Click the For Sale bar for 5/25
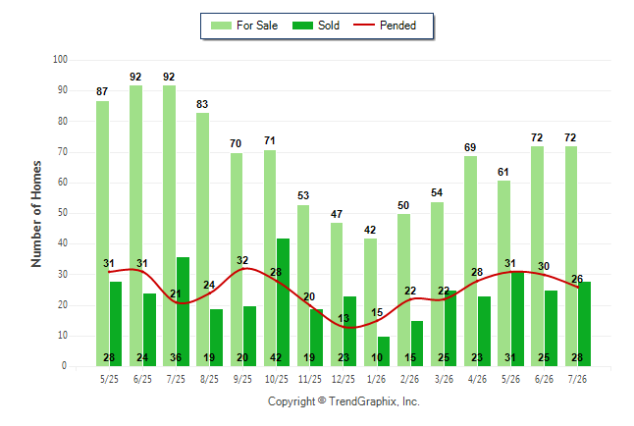102,234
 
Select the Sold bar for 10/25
283,302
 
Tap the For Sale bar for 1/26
370,302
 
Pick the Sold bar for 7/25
183,311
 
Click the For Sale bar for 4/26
471,261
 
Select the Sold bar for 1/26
384,351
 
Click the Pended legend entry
385,26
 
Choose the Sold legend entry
316,26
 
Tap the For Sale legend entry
244,26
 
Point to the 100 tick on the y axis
60,60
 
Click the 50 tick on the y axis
62,213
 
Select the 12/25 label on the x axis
343,379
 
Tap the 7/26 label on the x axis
577,379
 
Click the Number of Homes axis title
36,214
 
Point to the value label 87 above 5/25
102,92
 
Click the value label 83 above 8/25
202,104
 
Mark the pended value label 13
343,318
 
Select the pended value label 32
242,260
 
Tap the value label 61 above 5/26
503,173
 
